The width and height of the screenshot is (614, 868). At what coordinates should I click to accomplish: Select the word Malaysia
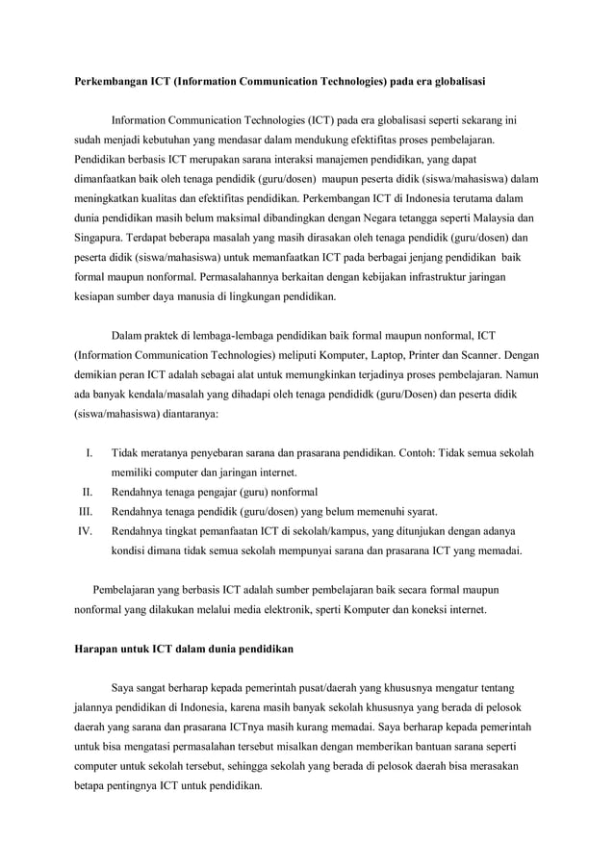(496, 217)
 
